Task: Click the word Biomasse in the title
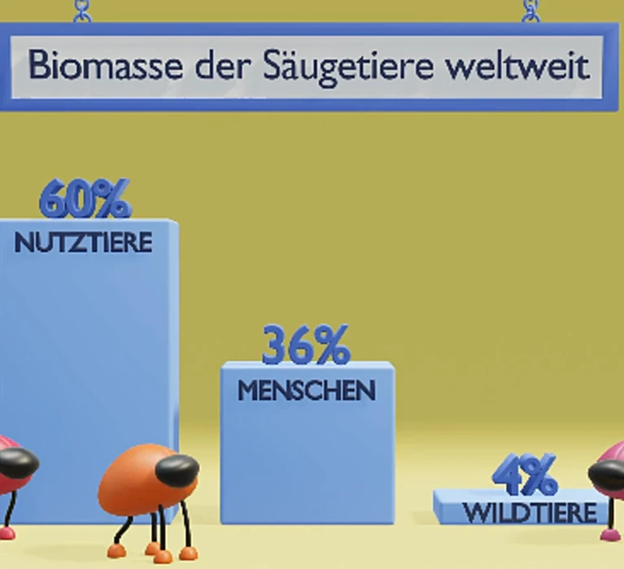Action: [106, 65]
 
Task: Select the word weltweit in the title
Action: [517, 65]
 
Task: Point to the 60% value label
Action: [85, 198]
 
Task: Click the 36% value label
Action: [306, 345]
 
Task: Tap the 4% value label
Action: [525, 475]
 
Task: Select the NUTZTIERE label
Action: [84, 242]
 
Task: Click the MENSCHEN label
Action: [307, 390]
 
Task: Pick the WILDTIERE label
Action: [530, 513]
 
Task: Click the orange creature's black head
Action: [177, 470]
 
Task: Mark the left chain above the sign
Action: [83, 11]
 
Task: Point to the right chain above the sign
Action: [531, 11]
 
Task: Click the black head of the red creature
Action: [18, 463]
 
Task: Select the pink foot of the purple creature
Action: [611, 535]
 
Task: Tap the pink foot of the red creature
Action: [7, 532]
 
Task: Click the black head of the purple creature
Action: [607, 474]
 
